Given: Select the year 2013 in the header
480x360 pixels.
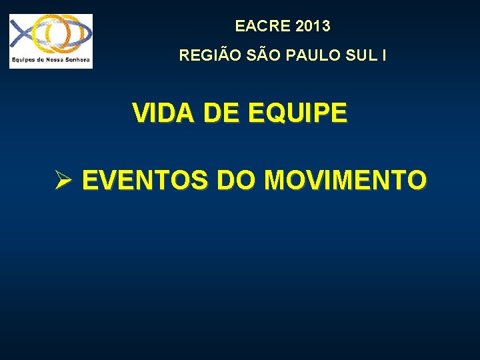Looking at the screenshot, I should [x=311, y=27].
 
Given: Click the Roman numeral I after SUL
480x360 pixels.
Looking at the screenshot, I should [x=383, y=55].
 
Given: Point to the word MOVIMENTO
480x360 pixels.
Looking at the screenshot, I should [x=345, y=180].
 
